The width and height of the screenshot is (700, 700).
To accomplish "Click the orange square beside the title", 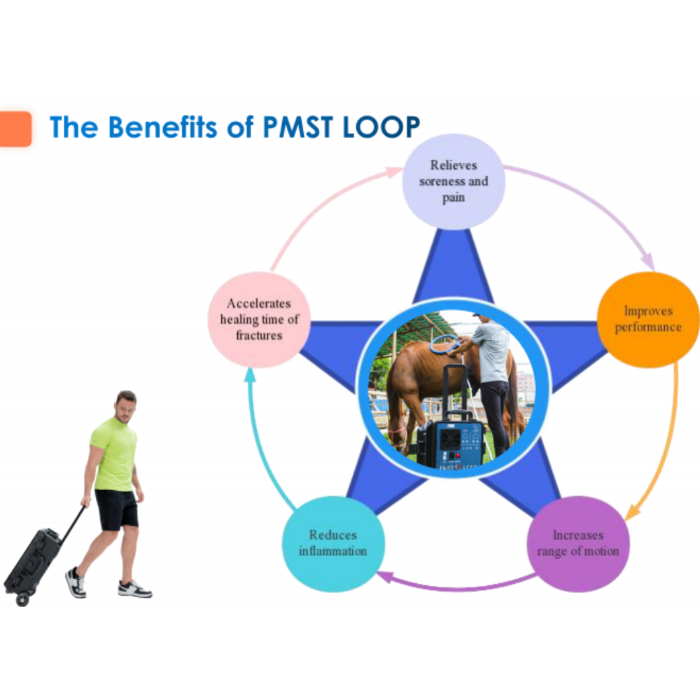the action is (15, 129).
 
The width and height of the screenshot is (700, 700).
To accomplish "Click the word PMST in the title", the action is (297, 127).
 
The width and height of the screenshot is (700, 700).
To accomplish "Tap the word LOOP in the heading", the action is (381, 127).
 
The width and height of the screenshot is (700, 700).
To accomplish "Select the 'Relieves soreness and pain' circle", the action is (454, 182).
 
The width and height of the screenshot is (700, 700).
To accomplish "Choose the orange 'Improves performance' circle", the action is (648, 320).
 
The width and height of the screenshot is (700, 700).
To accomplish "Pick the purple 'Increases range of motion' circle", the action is (578, 544).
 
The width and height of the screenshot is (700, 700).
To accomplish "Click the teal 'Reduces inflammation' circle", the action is (333, 544).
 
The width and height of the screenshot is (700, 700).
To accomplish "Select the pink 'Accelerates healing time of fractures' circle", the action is (259, 320).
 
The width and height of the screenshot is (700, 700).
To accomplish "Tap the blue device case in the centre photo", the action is (451, 442).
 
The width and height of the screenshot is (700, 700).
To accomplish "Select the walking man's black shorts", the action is (117, 510).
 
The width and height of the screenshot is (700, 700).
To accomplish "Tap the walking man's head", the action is (126, 406).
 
